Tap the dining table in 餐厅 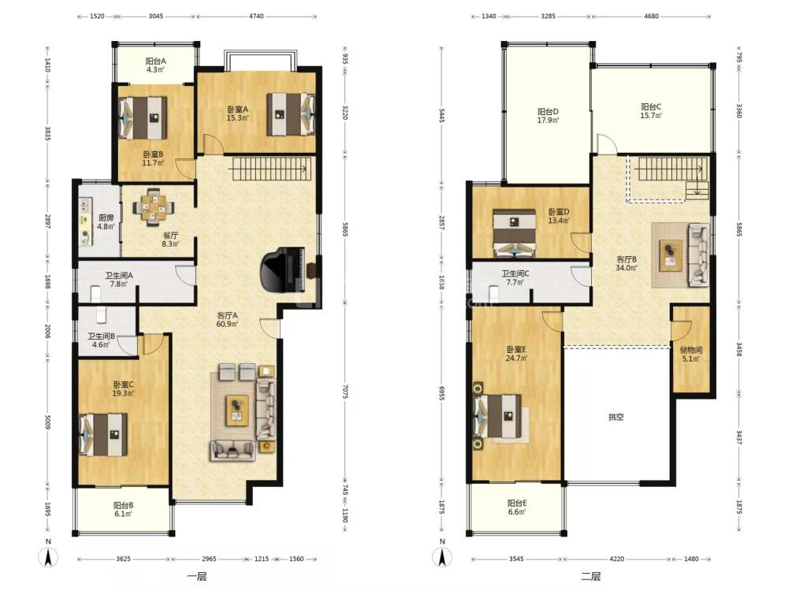154,206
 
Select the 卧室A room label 238,109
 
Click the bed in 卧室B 143,117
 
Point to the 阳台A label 156,61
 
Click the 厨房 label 106,217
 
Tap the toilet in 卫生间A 95,293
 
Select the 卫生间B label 102,336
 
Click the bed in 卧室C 103,435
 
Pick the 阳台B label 123,505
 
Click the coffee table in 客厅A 237,410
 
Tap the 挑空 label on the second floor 616,417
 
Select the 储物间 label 691,350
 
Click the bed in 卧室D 514,232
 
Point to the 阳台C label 651,106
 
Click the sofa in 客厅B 698,255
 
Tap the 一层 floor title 196,577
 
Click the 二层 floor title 591,577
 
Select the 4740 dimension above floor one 256,16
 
